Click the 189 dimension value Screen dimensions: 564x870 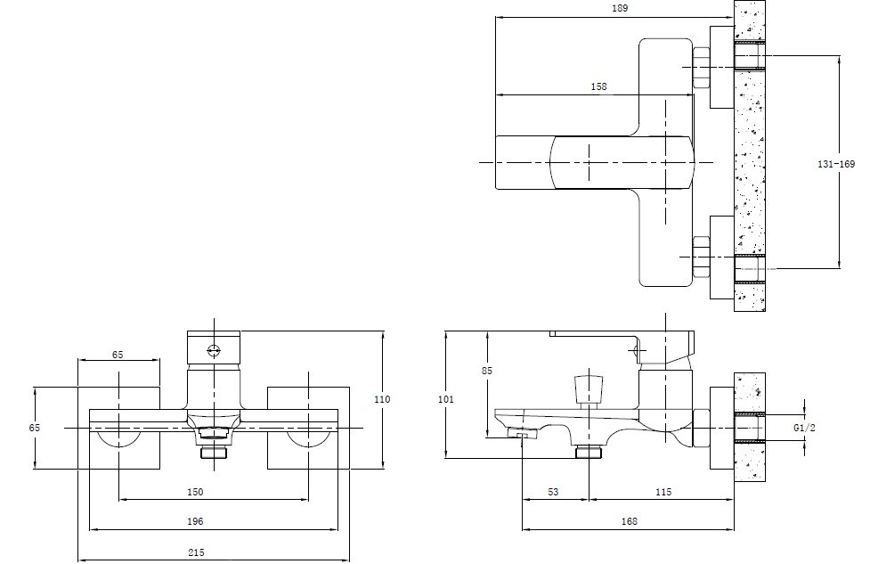tap(620, 9)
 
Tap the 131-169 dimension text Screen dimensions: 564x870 tap(834, 165)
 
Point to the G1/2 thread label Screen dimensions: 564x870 tap(804, 428)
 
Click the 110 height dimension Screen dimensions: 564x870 tap(382, 400)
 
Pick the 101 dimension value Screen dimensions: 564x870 tap(446, 400)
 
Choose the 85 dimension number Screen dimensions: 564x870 tap(486, 370)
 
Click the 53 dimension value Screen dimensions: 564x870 tap(553, 492)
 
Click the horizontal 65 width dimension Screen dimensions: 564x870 tap(118, 355)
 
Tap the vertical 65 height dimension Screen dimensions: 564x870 tap(35, 428)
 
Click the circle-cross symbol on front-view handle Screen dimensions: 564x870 tap(214, 350)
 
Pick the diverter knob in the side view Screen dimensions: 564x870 tap(586, 389)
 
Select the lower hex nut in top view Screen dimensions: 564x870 tap(700, 256)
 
